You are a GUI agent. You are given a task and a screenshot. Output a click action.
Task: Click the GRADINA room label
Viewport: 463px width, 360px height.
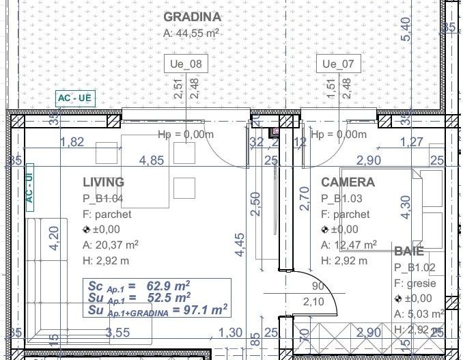coord(193,17)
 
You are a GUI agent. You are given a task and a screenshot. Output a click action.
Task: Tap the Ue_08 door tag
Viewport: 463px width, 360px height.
coord(186,64)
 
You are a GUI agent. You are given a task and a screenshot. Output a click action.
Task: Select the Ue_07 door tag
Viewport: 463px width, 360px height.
coord(339,64)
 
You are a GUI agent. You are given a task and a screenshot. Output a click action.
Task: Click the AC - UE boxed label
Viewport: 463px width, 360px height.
coord(75,98)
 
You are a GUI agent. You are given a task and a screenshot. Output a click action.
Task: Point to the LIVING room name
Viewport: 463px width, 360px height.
coord(103,182)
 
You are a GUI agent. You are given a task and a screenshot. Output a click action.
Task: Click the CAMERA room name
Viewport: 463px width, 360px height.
coord(348,182)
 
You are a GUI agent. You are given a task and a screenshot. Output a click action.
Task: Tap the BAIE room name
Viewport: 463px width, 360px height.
coord(409,251)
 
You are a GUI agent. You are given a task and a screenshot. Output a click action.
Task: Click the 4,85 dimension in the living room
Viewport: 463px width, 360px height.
coord(152,161)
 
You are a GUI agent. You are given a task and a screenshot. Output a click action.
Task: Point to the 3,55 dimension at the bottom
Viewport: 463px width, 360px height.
coord(118,333)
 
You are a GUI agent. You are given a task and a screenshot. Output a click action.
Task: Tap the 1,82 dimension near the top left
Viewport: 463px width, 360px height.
coord(72,142)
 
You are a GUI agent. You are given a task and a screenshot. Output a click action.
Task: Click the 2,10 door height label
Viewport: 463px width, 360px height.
coord(313,302)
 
